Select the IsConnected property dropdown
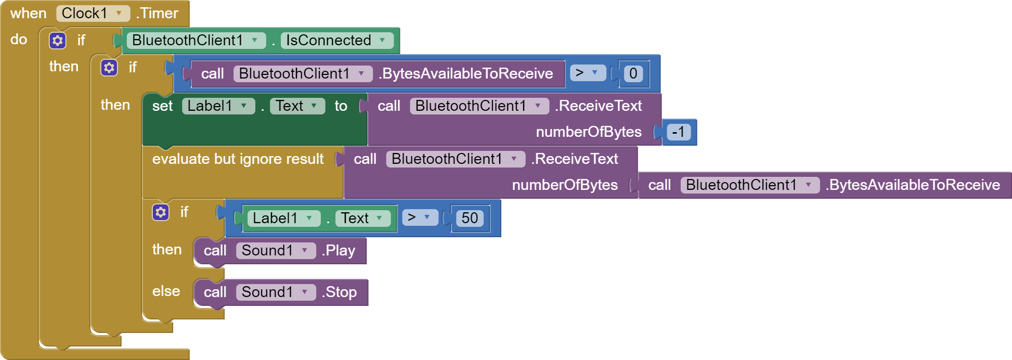tap(336, 40)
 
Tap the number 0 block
tap(633, 73)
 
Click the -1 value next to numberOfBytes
tap(678, 132)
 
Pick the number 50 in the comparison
tap(470, 218)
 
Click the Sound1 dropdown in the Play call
tap(275, 250)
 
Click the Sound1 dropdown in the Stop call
tap(275, 292)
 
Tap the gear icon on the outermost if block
tap(57, 40)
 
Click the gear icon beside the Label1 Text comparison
tap(161, 212)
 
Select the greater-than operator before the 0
tap(587, 73)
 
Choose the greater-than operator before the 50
tap(419, 217)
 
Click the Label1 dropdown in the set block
tap(218, 106)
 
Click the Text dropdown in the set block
tap(296, 106)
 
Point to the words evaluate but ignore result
tap(238, 159)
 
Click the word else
tap(166, 291)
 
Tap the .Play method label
tap(338, 250)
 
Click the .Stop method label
tap(339, 292)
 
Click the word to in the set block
tap(341, 106)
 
